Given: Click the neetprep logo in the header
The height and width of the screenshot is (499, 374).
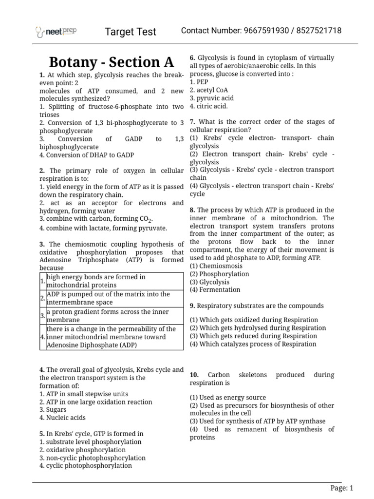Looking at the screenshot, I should [56, 32].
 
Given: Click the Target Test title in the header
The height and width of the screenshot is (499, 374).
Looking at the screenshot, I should [131, 32].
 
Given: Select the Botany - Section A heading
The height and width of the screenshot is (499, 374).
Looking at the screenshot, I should [112, 62].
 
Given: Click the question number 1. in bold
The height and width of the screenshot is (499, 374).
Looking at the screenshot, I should [42, 75].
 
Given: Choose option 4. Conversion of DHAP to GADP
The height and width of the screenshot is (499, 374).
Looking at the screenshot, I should [87, 155].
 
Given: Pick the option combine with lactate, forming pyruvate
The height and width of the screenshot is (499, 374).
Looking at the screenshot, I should [103, 228].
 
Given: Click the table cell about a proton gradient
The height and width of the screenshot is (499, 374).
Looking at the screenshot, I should [114, 316].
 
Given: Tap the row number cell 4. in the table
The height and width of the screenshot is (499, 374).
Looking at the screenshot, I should [43, 337].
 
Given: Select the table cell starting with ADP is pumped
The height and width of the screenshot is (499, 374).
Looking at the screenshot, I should [114, 298].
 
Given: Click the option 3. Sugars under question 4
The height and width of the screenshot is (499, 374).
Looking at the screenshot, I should [53, 410].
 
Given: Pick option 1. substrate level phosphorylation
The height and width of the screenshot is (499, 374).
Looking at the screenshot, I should [91, 442].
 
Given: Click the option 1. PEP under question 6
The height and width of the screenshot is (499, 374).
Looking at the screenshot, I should [199, 82].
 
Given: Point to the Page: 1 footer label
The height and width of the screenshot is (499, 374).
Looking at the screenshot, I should [341, 488].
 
